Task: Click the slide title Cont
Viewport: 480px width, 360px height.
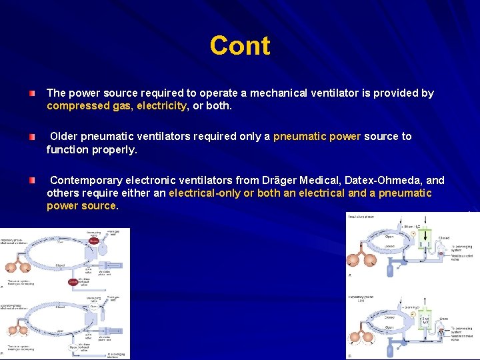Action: click(x=240, y=46)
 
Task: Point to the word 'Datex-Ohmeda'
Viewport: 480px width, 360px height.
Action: click(x=383, y=181)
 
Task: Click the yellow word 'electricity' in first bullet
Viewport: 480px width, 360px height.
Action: click(x=162, y=106)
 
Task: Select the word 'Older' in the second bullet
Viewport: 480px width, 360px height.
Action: click(x=64, y=137)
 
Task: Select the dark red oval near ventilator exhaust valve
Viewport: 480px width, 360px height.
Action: click(x=73, y=282)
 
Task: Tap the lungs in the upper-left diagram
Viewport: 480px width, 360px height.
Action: click(x=17, y=267)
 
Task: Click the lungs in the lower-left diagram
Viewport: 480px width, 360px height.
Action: click(x=17, y=329)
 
